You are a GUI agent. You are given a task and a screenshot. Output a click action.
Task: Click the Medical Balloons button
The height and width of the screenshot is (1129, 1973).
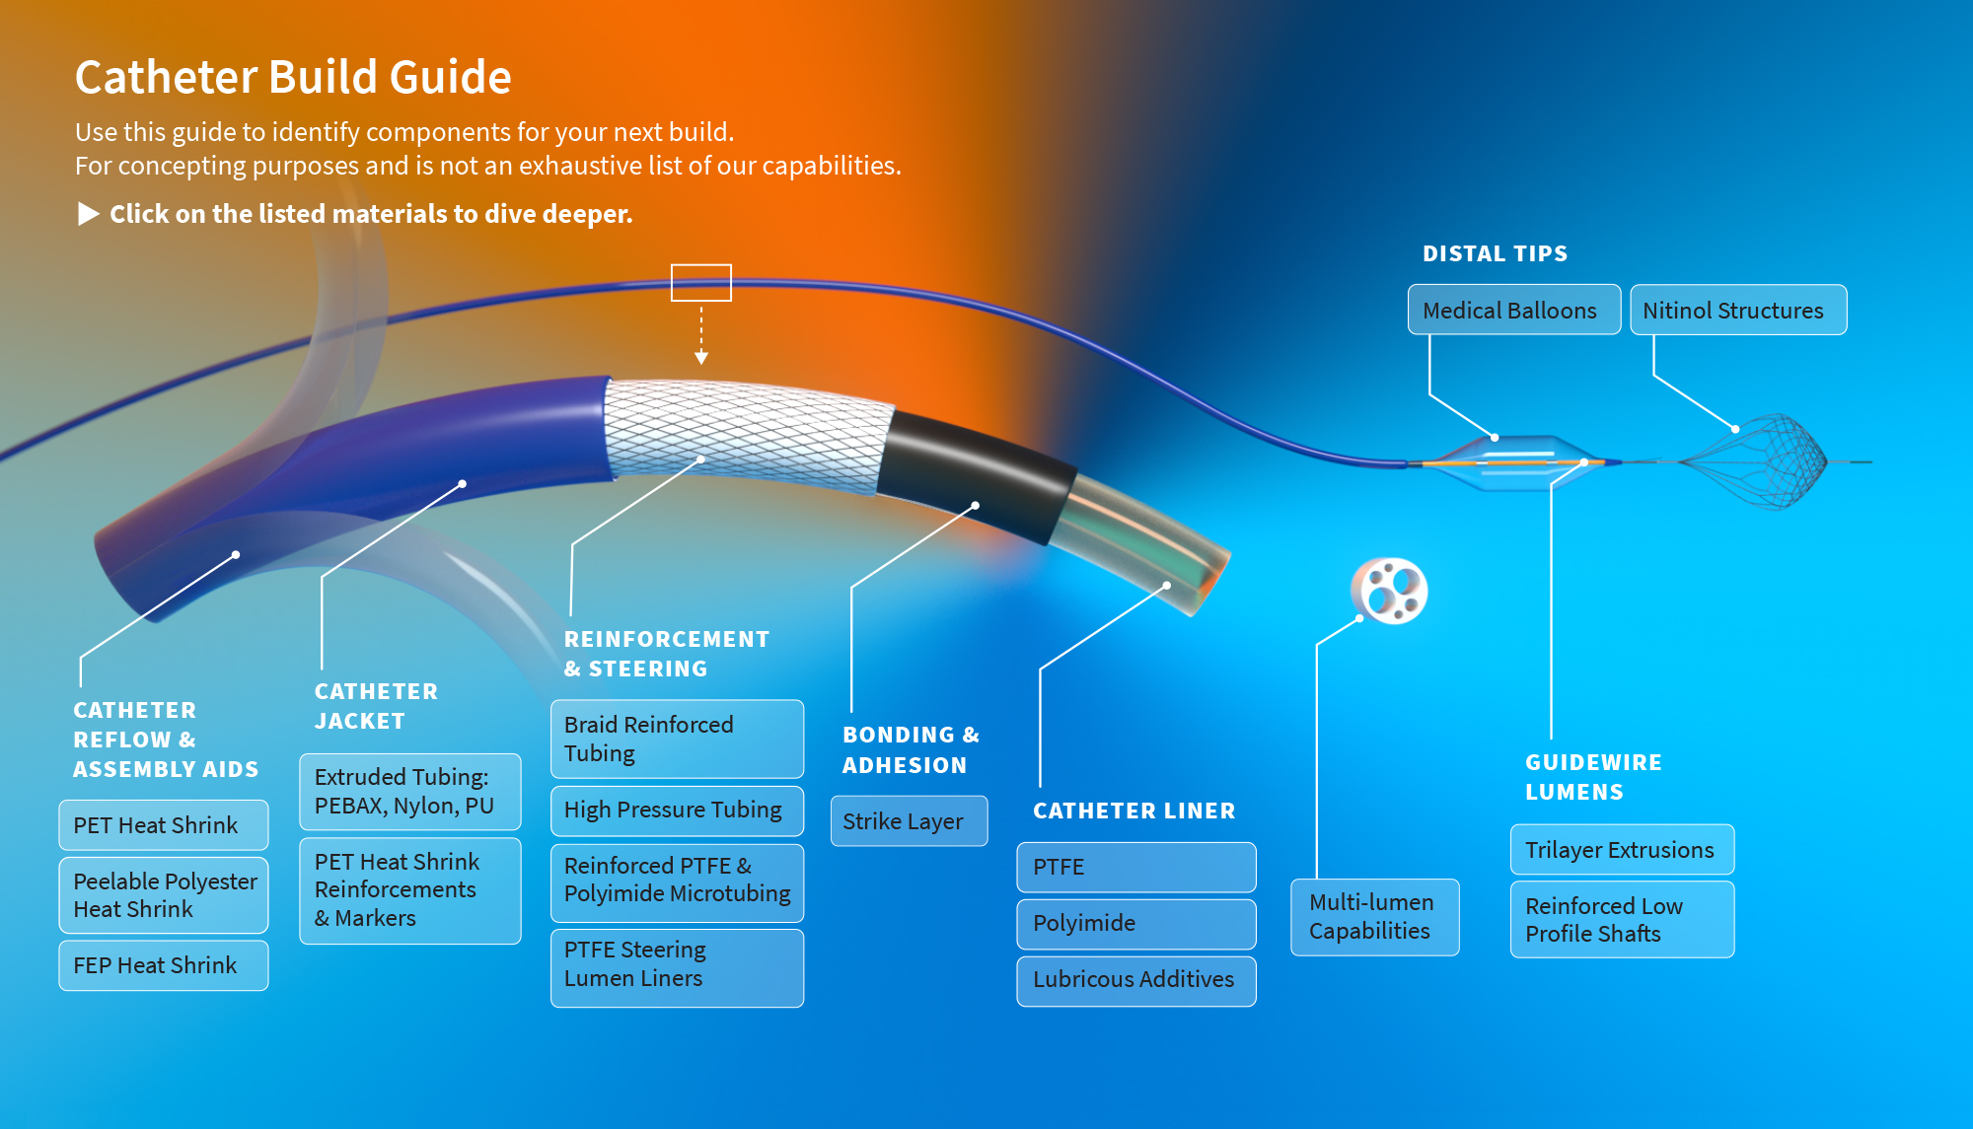click(1513, 310)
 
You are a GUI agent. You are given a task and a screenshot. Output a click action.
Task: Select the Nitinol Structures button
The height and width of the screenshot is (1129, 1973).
click(1737, 310)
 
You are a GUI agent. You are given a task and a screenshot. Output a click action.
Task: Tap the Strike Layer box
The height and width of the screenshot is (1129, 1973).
click(908, 821)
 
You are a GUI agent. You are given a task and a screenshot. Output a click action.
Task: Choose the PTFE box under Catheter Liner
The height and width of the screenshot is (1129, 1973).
click(1135, 867)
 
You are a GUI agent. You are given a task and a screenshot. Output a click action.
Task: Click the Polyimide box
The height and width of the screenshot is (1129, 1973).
click(1135, 923)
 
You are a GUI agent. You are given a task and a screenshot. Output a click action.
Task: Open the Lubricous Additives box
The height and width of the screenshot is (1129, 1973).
click(1135, 980)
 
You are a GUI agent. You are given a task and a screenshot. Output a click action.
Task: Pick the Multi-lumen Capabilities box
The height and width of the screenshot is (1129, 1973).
click(1374, 917)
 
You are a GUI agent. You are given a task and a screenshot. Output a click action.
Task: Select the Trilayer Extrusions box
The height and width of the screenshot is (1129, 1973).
click(1622, 849)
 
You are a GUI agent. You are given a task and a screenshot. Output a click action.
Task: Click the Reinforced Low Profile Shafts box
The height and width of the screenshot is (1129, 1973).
click(1622, 919)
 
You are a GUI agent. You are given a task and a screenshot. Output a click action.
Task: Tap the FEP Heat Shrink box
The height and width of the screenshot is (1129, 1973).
click(164, 965)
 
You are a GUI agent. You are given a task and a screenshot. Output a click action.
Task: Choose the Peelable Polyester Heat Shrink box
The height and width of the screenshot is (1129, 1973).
click(164, 894)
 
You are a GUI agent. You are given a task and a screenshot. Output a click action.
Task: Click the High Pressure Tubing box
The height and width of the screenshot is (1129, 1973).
click(677, 810)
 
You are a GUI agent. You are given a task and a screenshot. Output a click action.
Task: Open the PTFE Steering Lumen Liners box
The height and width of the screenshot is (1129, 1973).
click(677, 965)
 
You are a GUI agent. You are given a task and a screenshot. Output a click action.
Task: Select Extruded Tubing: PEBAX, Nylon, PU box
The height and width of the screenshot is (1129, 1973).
click(409, 791)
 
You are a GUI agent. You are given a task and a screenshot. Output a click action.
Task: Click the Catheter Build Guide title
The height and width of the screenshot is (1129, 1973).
click(293, 77)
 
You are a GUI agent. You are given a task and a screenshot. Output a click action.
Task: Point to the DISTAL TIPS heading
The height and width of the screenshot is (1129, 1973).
click(1495, 253)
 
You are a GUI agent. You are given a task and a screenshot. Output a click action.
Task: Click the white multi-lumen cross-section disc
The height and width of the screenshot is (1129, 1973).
click(1389, 591)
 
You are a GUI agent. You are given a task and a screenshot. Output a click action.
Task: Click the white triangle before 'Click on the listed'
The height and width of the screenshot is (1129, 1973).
click(88, 214)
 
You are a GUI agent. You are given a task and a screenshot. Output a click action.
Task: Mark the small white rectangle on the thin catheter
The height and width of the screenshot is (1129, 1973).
click(700, 282)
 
